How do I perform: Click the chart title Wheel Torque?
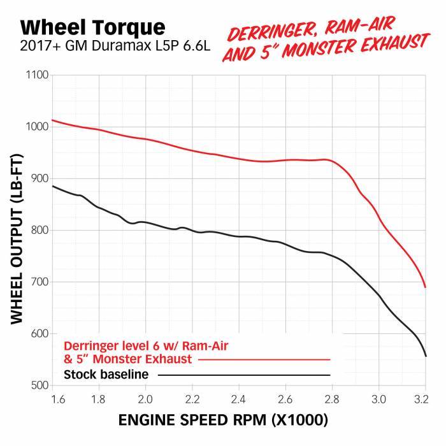tap(92, 27)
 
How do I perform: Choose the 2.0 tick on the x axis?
tap(146, 399)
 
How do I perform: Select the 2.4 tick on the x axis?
tap(239, 399)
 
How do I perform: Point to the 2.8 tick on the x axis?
tap(332, 399)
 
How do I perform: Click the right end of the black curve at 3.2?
tap(425, 356)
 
